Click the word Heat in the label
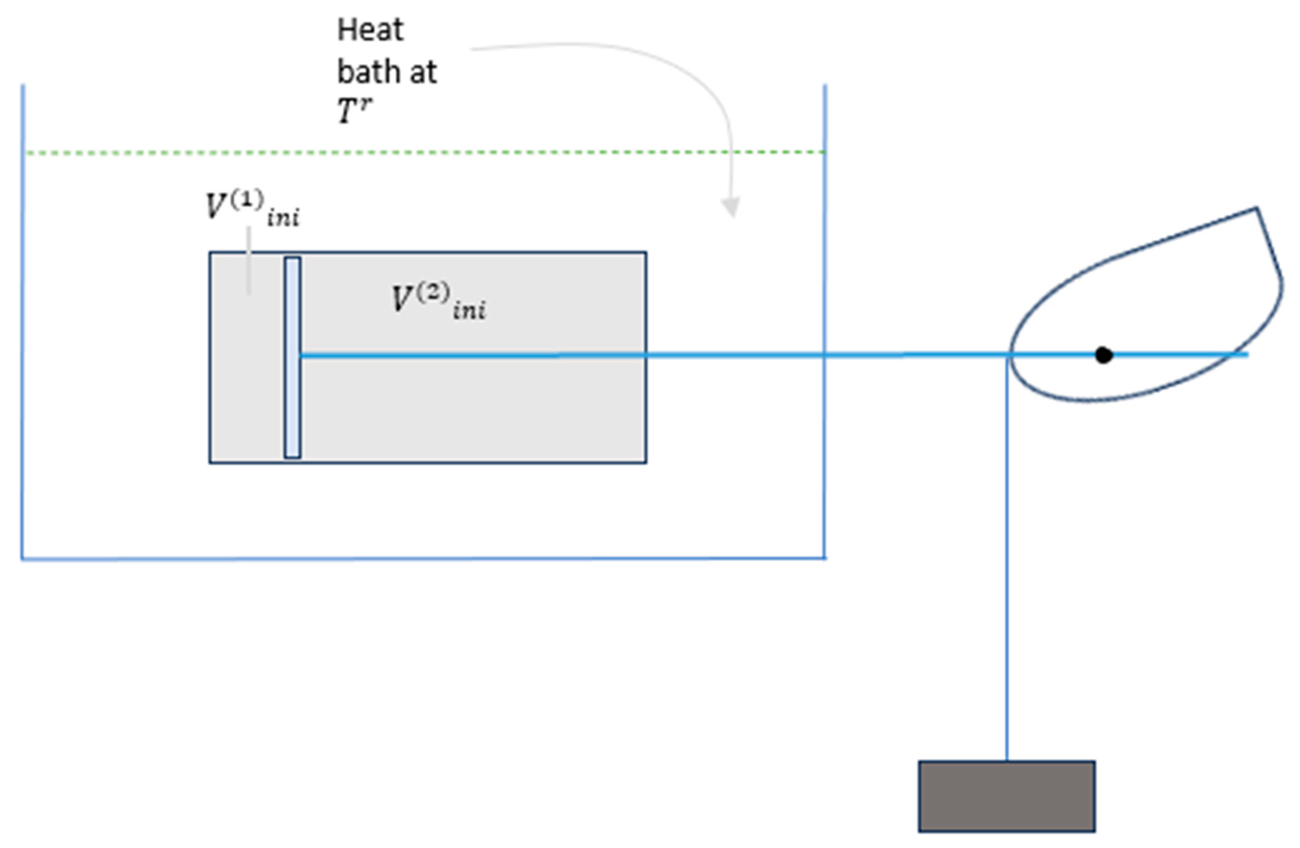point(370,30)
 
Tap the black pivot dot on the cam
point(1103,355)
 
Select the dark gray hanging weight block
point(1006,796)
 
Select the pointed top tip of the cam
point(1256,209)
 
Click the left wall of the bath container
point(22,328)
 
